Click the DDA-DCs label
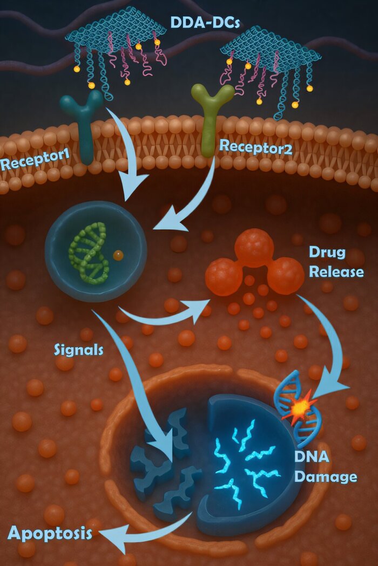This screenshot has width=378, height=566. coord(205,22)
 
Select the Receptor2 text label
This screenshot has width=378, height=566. coord(255,146)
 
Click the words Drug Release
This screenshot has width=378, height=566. coord(335,262)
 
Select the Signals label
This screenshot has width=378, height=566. coord(79,349)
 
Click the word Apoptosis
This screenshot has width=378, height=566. coord(49,534)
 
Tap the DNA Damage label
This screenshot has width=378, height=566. coord(325,467)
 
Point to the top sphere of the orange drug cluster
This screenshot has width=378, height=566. coord(254,247)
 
